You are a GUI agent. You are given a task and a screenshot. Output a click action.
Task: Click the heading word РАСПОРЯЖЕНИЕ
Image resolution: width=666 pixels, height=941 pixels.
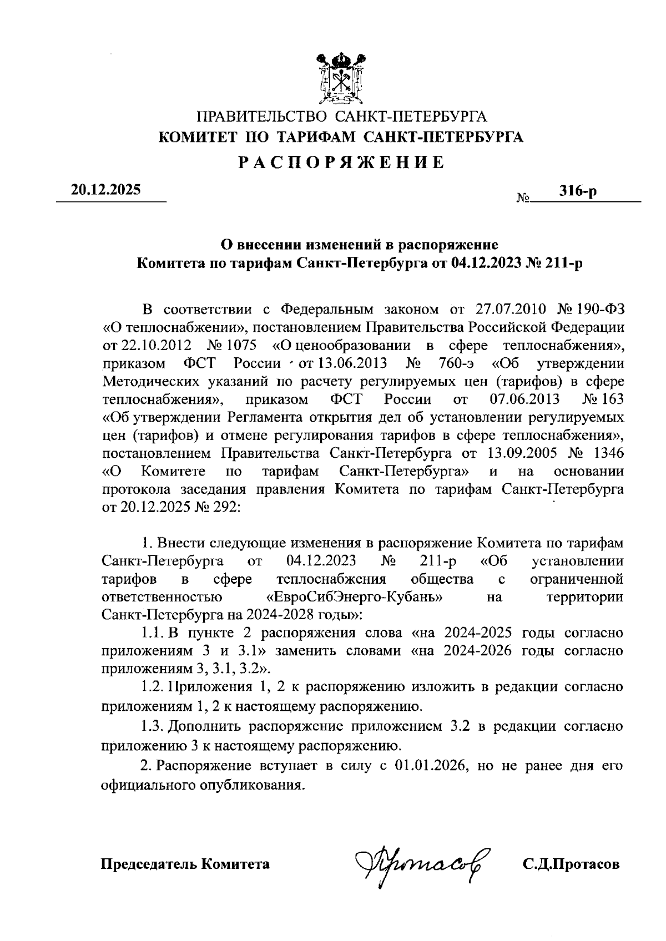point(341,163)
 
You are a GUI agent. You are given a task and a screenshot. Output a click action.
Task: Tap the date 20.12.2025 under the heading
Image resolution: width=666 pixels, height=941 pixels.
point(105,190)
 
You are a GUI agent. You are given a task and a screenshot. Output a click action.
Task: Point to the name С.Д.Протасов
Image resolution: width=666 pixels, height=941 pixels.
point(571,864)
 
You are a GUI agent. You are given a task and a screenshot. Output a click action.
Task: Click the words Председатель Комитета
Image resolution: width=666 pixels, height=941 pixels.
point(185,864)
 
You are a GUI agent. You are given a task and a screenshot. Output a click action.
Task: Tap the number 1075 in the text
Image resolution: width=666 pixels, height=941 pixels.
point(239,346)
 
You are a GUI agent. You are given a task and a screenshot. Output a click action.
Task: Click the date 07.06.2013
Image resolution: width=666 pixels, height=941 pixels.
point(525,399)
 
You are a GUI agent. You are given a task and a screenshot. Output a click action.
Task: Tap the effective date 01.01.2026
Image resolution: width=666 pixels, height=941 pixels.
point(425,766)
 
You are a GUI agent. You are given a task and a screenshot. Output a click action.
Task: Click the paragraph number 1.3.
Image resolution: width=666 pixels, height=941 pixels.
point(152,726)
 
